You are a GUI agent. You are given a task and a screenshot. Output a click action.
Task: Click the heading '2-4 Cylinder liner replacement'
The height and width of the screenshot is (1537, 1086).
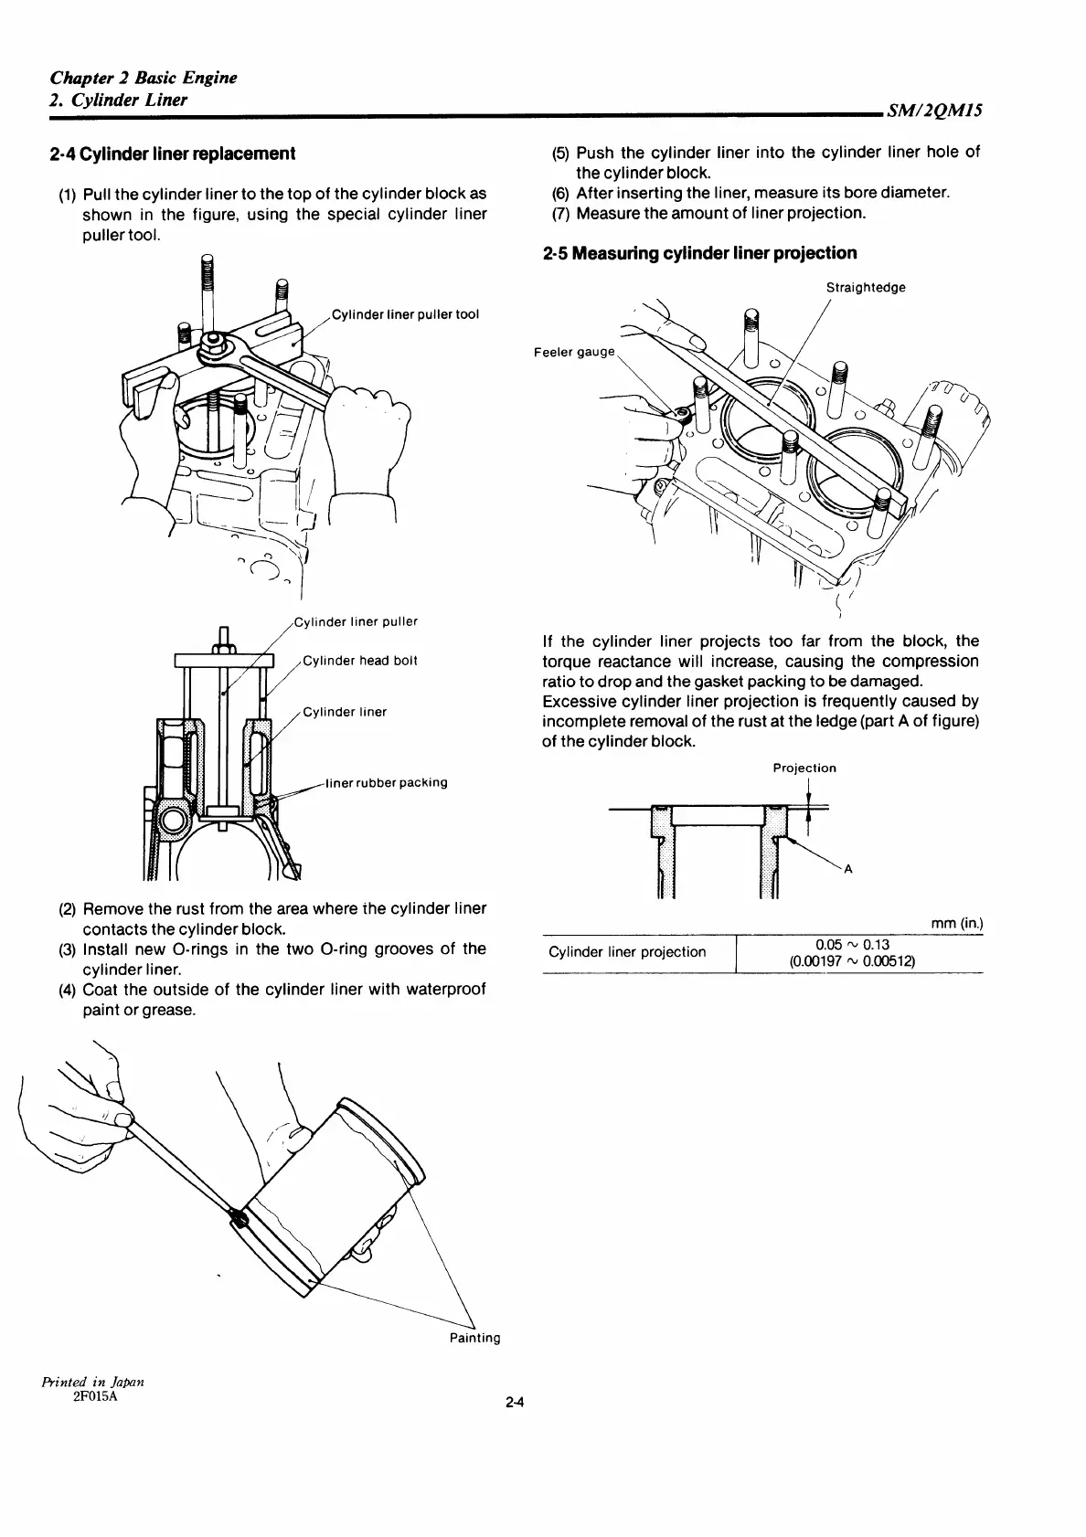(173, 154)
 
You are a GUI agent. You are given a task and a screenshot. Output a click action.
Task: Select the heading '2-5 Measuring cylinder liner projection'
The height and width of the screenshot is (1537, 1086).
(699, 253)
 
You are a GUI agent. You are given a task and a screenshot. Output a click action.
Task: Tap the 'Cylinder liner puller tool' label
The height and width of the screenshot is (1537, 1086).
(405, 314)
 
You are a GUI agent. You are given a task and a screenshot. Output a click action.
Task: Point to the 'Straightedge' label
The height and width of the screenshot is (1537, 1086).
(866, 288)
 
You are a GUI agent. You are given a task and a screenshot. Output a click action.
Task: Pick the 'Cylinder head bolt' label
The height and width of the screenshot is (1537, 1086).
(359, 661)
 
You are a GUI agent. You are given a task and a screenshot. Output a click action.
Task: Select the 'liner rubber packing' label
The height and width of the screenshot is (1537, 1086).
(387, 782)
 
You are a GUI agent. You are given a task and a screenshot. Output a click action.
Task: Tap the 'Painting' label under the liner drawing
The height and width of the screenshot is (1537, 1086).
(474, 1338)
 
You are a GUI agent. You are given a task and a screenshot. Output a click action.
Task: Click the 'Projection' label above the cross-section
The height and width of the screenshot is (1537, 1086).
(804, 768)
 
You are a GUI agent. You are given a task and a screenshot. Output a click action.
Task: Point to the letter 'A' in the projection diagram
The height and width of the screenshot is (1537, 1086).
(847, 870)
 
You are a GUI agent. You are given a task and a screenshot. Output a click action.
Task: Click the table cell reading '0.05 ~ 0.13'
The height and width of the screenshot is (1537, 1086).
(852, 944)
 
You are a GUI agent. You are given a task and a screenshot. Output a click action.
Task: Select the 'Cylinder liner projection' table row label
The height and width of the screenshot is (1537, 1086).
(627, 952)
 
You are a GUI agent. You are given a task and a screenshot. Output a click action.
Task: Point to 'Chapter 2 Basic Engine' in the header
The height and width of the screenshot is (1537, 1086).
(144, 78)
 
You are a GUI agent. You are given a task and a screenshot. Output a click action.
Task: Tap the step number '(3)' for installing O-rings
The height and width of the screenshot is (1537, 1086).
(68, 949)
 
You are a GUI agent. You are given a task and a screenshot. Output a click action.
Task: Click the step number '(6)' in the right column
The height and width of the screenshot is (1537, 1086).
(561, 193)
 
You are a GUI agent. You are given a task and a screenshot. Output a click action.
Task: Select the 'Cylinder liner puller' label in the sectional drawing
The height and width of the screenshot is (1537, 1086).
(357, 621)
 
